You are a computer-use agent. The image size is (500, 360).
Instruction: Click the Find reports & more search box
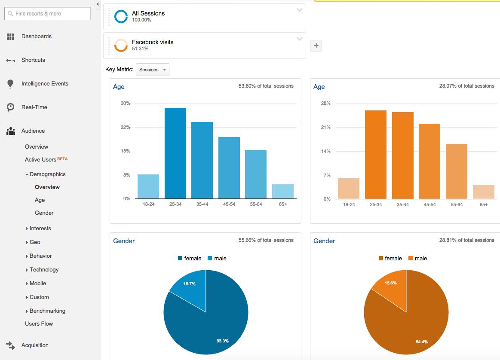point(47,14)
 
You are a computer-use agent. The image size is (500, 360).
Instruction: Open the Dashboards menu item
point(36,37)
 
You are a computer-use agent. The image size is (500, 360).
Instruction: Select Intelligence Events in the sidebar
point(45,84)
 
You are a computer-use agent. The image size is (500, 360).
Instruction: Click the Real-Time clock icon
point(11,107)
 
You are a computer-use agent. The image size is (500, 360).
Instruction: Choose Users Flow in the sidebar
point(39,324)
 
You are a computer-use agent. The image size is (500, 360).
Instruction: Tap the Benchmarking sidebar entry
point(47,311)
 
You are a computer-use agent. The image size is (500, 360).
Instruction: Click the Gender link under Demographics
point(44,213)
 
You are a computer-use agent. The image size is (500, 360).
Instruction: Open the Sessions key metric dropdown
point(153,70)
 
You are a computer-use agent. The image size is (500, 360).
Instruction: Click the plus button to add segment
point(316,46)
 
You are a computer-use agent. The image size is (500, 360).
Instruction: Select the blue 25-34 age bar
point(175,153)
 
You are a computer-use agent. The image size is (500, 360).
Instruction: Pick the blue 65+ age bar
point(283,192)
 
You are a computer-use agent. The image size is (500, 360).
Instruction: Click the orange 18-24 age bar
point(349,189)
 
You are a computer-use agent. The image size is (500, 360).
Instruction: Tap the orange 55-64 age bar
point(456,171)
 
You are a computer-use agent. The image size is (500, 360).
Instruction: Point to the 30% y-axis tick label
point(126,104)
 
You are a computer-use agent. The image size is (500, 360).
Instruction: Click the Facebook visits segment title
point(153,42)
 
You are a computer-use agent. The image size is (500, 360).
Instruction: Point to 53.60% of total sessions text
point(266,86)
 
